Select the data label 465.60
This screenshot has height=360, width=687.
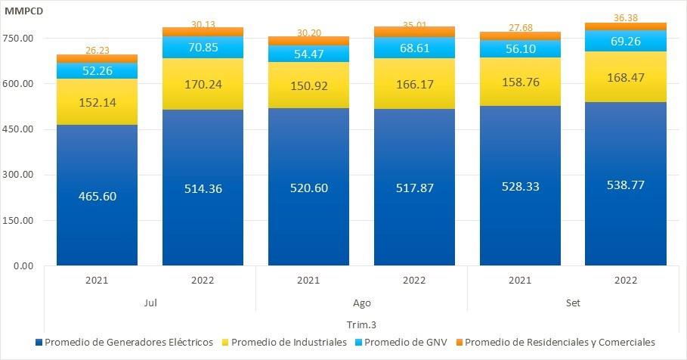point(97,196)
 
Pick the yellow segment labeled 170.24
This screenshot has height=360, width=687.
point(203,85)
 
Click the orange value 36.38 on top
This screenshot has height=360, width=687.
point(626,18)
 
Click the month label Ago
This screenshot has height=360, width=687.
point(361,302)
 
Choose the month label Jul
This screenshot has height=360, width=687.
point(150,302)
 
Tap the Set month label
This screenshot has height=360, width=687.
point(573,302)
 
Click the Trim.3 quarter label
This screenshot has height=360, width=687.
point(361,324)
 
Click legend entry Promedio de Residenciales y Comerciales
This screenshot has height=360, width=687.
point(559,343)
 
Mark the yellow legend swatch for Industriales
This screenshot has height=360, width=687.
point(224,343)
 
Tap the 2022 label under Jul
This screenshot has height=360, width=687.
point(203,280)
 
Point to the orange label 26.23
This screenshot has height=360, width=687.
point(97,50)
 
